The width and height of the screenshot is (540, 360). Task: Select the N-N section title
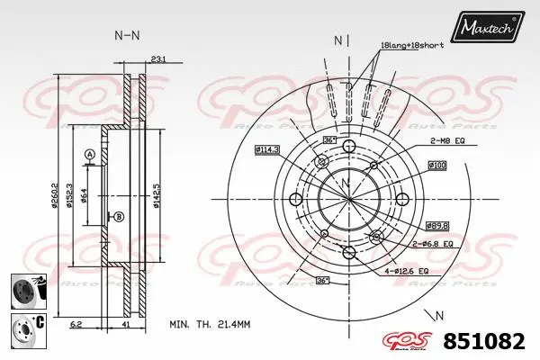point(127,36)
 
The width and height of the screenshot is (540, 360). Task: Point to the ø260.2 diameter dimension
point(56,194)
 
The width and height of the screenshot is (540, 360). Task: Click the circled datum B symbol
point(119,216)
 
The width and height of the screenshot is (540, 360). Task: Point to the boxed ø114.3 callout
point(266,148)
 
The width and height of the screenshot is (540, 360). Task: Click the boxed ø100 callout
point(437,166)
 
